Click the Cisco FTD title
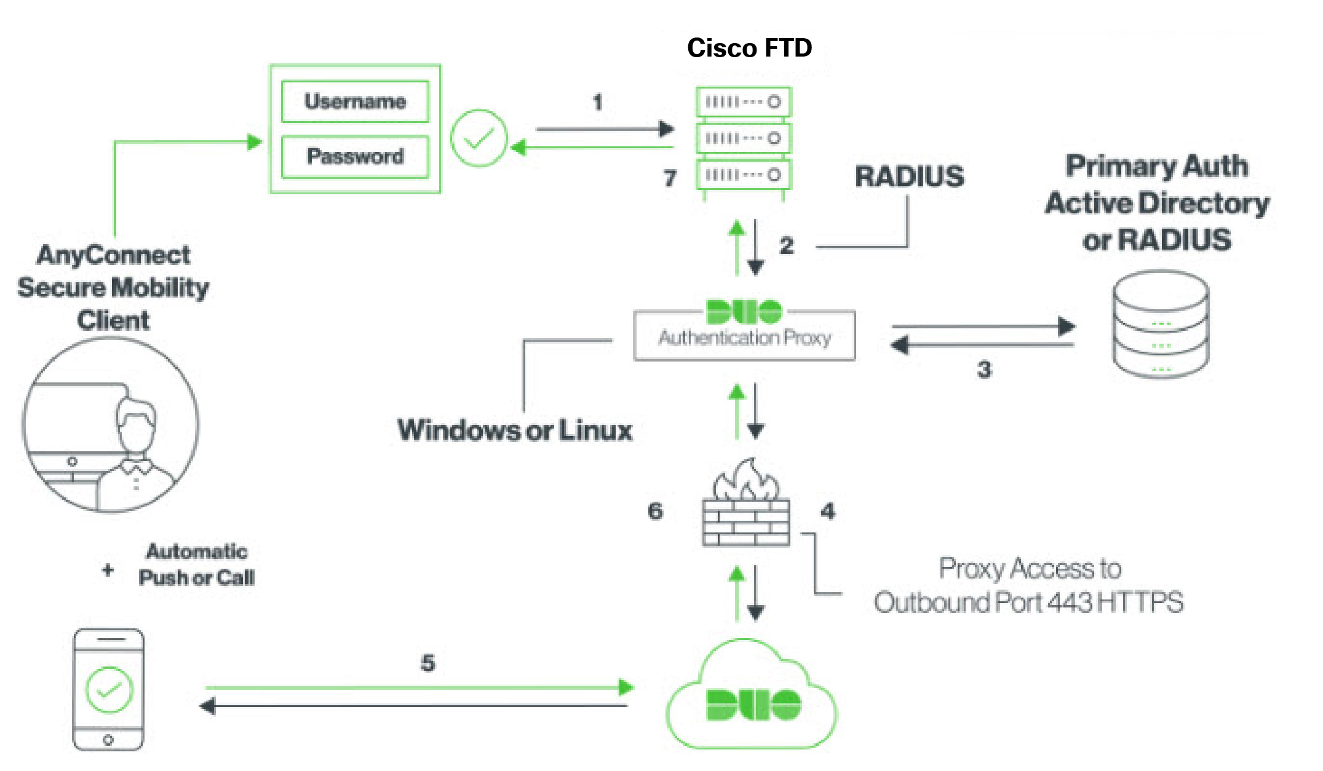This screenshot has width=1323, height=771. pyautogui.click(x=749, y=48)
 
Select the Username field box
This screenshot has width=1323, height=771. pyautogui.click(x=355, y=101)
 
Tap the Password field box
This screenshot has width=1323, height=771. pyautogui.click(x=355, y=157)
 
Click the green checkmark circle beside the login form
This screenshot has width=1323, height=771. pyautogui.click(x=479, y=138)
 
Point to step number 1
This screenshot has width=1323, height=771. pyautogui.click(x=597, y=102)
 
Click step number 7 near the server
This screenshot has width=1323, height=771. pyautogui.click(x=670, y=178)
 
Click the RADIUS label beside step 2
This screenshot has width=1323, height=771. pyautogui.click(x=909, y=177)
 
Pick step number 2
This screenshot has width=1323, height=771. pyautogui.click(x=786, y=246)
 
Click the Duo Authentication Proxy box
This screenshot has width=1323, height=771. pyautogui.click(x=744, y=335)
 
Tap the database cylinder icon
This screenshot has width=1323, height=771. pyautogui.click(x=1161, y=324)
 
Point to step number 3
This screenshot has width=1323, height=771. pyautogui.click(x=984, y=370)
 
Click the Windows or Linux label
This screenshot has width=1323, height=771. pyautogui.click(x=515, y=430)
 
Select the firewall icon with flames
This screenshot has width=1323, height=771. pyautogui.click(x=746, y=504)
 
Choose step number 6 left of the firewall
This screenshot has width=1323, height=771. pyautogui.click(x=655, y=511)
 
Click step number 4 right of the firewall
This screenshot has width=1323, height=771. pyautogui.click(x=828, y=511)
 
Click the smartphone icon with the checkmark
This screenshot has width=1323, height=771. pyautogui.click(x=108, y=689)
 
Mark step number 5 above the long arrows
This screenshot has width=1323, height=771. pyautogui.click(x=427, y=663)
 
